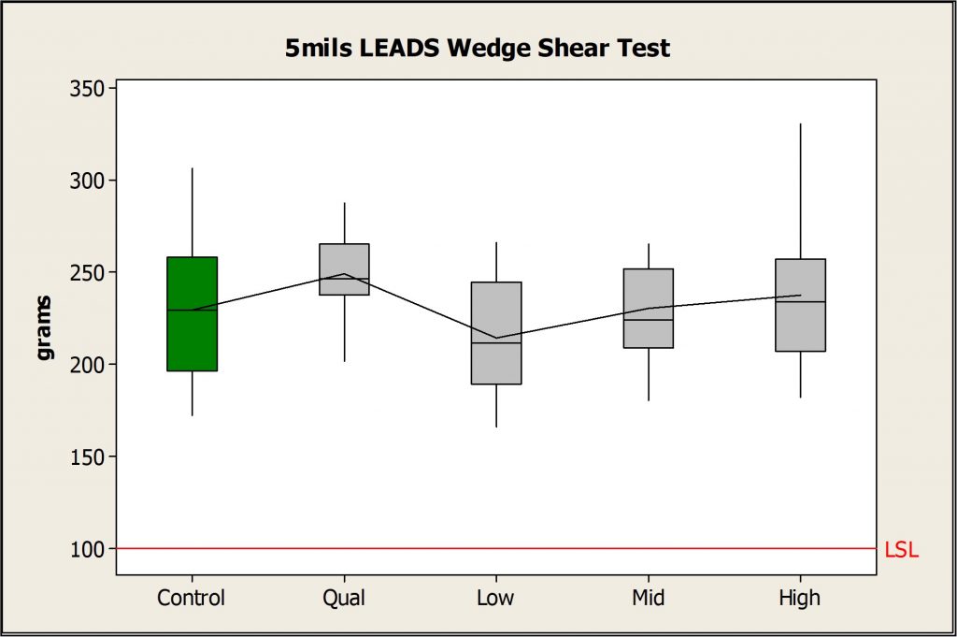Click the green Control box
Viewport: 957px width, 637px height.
pos(193,314)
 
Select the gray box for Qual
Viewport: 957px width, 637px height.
pos(344,269)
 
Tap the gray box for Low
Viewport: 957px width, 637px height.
pos(496,333)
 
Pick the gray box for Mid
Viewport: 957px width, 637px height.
pos(649,309)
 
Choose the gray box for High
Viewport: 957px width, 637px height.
pos(800,305)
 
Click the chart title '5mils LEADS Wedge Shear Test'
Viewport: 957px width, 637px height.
pos(478,48)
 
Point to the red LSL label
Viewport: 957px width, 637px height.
pos(901,550)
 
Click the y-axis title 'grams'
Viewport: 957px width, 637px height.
pos(44,328)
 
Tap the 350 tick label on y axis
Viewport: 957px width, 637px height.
pos(88,89)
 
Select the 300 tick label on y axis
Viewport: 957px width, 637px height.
pos(88,181)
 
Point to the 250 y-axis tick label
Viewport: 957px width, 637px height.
pos(88,272)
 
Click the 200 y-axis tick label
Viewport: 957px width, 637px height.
pos(88,365)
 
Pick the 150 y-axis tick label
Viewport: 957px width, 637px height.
pos(88,456)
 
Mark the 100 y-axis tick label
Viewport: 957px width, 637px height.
pos(88,549)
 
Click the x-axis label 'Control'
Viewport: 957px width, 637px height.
pos(191,598)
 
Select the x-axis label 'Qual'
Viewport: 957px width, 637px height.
pos(344,598)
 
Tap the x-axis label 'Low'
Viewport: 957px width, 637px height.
pos(495,598)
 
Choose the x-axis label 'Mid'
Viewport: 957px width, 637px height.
pos(649,598)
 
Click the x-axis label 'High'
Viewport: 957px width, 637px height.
pos(800,598)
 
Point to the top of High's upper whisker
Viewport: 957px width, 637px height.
pos(800,123)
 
